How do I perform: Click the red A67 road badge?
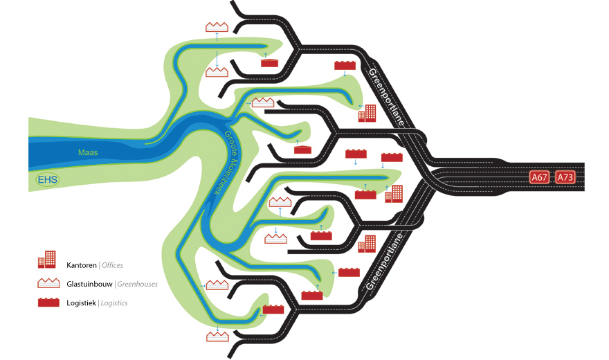pos(539,177)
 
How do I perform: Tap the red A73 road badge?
pos(565,177)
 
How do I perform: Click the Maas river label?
pos(88,152)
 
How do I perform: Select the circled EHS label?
pos(47,179)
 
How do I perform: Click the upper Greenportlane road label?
pos(386,97)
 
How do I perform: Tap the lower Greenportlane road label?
pos(383,262)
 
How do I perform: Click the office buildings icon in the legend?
pos(46,260)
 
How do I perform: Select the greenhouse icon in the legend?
pos(48,283)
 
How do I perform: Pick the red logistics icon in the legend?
pos(48,303)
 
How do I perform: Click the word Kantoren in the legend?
pos(82,265)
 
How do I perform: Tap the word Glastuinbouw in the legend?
pos(89,284)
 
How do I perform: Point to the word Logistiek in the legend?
pos(81,303)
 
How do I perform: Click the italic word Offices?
pos(112,265)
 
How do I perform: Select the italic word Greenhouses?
pos(138,284)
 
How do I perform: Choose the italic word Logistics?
pos(113,303)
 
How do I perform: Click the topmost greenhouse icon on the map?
pos(217,27)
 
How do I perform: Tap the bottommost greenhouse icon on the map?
pos(217,336)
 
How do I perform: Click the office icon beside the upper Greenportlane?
pos(367,113)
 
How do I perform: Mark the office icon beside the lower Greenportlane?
pos(367,244)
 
